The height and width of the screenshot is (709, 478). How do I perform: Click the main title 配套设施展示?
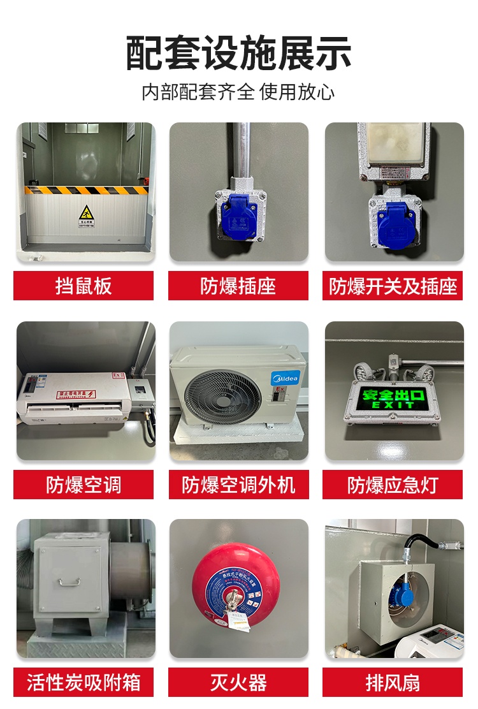click(x=238, y=54)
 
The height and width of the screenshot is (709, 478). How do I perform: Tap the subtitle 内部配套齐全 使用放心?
click(x=238, y=92)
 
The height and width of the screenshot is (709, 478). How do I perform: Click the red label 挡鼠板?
click(x=83, y=286)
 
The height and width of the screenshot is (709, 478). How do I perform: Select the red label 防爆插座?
click(x=238, y=286)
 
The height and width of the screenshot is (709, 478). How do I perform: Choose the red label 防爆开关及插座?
click(x=393, y=286)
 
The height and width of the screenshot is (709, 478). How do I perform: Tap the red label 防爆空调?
click(x=83, y=485)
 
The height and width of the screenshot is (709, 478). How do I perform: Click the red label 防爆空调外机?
click(x=238, y=485)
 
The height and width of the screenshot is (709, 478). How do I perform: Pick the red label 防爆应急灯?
click(x=393, y=485)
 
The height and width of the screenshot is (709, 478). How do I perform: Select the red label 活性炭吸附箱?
click(x=83, y=682)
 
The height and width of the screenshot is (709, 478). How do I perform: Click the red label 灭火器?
click(x=238, y=682)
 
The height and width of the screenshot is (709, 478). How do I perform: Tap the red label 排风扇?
click(x=393, y=682)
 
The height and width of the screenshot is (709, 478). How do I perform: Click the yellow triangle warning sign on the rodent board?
click(x=85, y=212)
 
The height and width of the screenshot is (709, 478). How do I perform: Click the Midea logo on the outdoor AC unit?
click(x=285, y=379)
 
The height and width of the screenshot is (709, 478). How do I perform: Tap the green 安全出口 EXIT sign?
click(x=389, y=398)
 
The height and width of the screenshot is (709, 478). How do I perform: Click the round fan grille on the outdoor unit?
click(x=214, y=394)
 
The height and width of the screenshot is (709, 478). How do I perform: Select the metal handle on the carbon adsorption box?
click(x=69, y=581)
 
